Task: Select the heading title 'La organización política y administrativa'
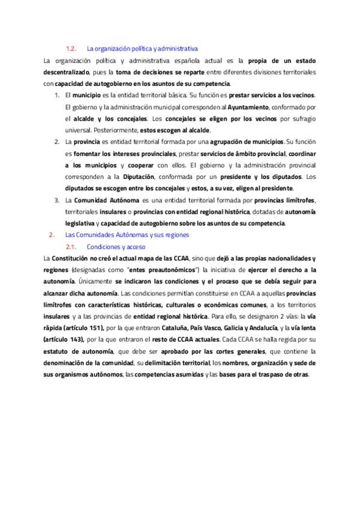(x=142, y=48)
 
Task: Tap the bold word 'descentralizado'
(x=65, y=72)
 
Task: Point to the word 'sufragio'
(x=303, y=118)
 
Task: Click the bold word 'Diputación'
(x=137, y=176)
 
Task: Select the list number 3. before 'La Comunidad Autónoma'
(x=56, y=200)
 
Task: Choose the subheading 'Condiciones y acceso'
(x=116, y=246)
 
